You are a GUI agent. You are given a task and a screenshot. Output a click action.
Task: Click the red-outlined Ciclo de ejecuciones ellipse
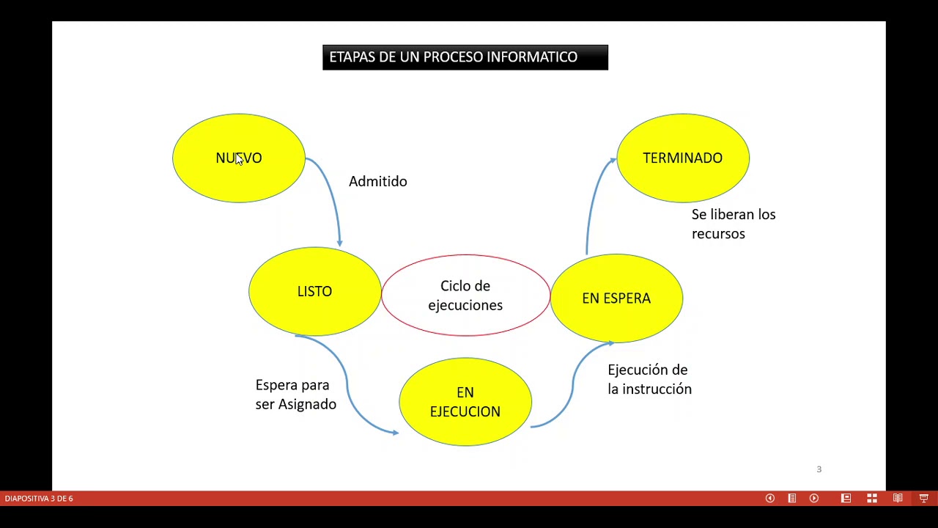[465, 296]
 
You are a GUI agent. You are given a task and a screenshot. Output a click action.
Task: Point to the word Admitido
[377, 181]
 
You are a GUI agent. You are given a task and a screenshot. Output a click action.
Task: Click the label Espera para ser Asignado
[295, 395]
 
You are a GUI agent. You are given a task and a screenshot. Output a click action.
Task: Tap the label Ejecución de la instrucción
[649, 379]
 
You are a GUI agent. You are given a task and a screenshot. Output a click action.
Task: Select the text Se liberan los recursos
[733, 224]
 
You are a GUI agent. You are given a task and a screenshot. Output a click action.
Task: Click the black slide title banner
[465, 57]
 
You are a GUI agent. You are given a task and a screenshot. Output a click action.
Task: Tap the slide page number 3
[819, 469]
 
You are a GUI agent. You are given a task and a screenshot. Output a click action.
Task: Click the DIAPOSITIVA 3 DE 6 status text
[39, 499]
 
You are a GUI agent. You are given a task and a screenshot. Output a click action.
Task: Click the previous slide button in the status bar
[769, 499]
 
